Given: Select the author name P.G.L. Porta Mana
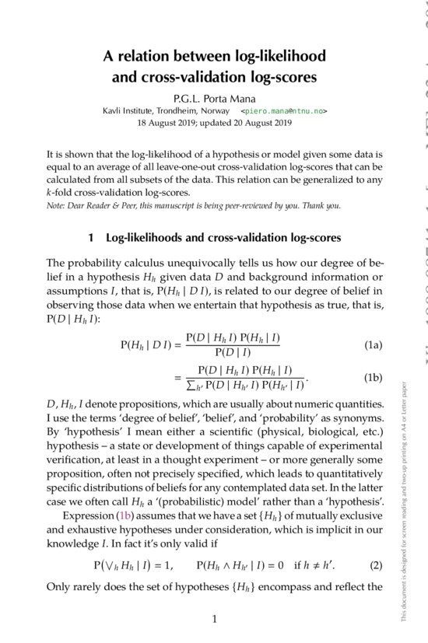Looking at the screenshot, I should click(214, 98).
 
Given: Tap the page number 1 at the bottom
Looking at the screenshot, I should click(214, 619).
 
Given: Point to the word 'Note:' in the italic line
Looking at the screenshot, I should click(57, 205).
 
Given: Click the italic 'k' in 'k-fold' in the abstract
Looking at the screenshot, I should click(49, 192).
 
